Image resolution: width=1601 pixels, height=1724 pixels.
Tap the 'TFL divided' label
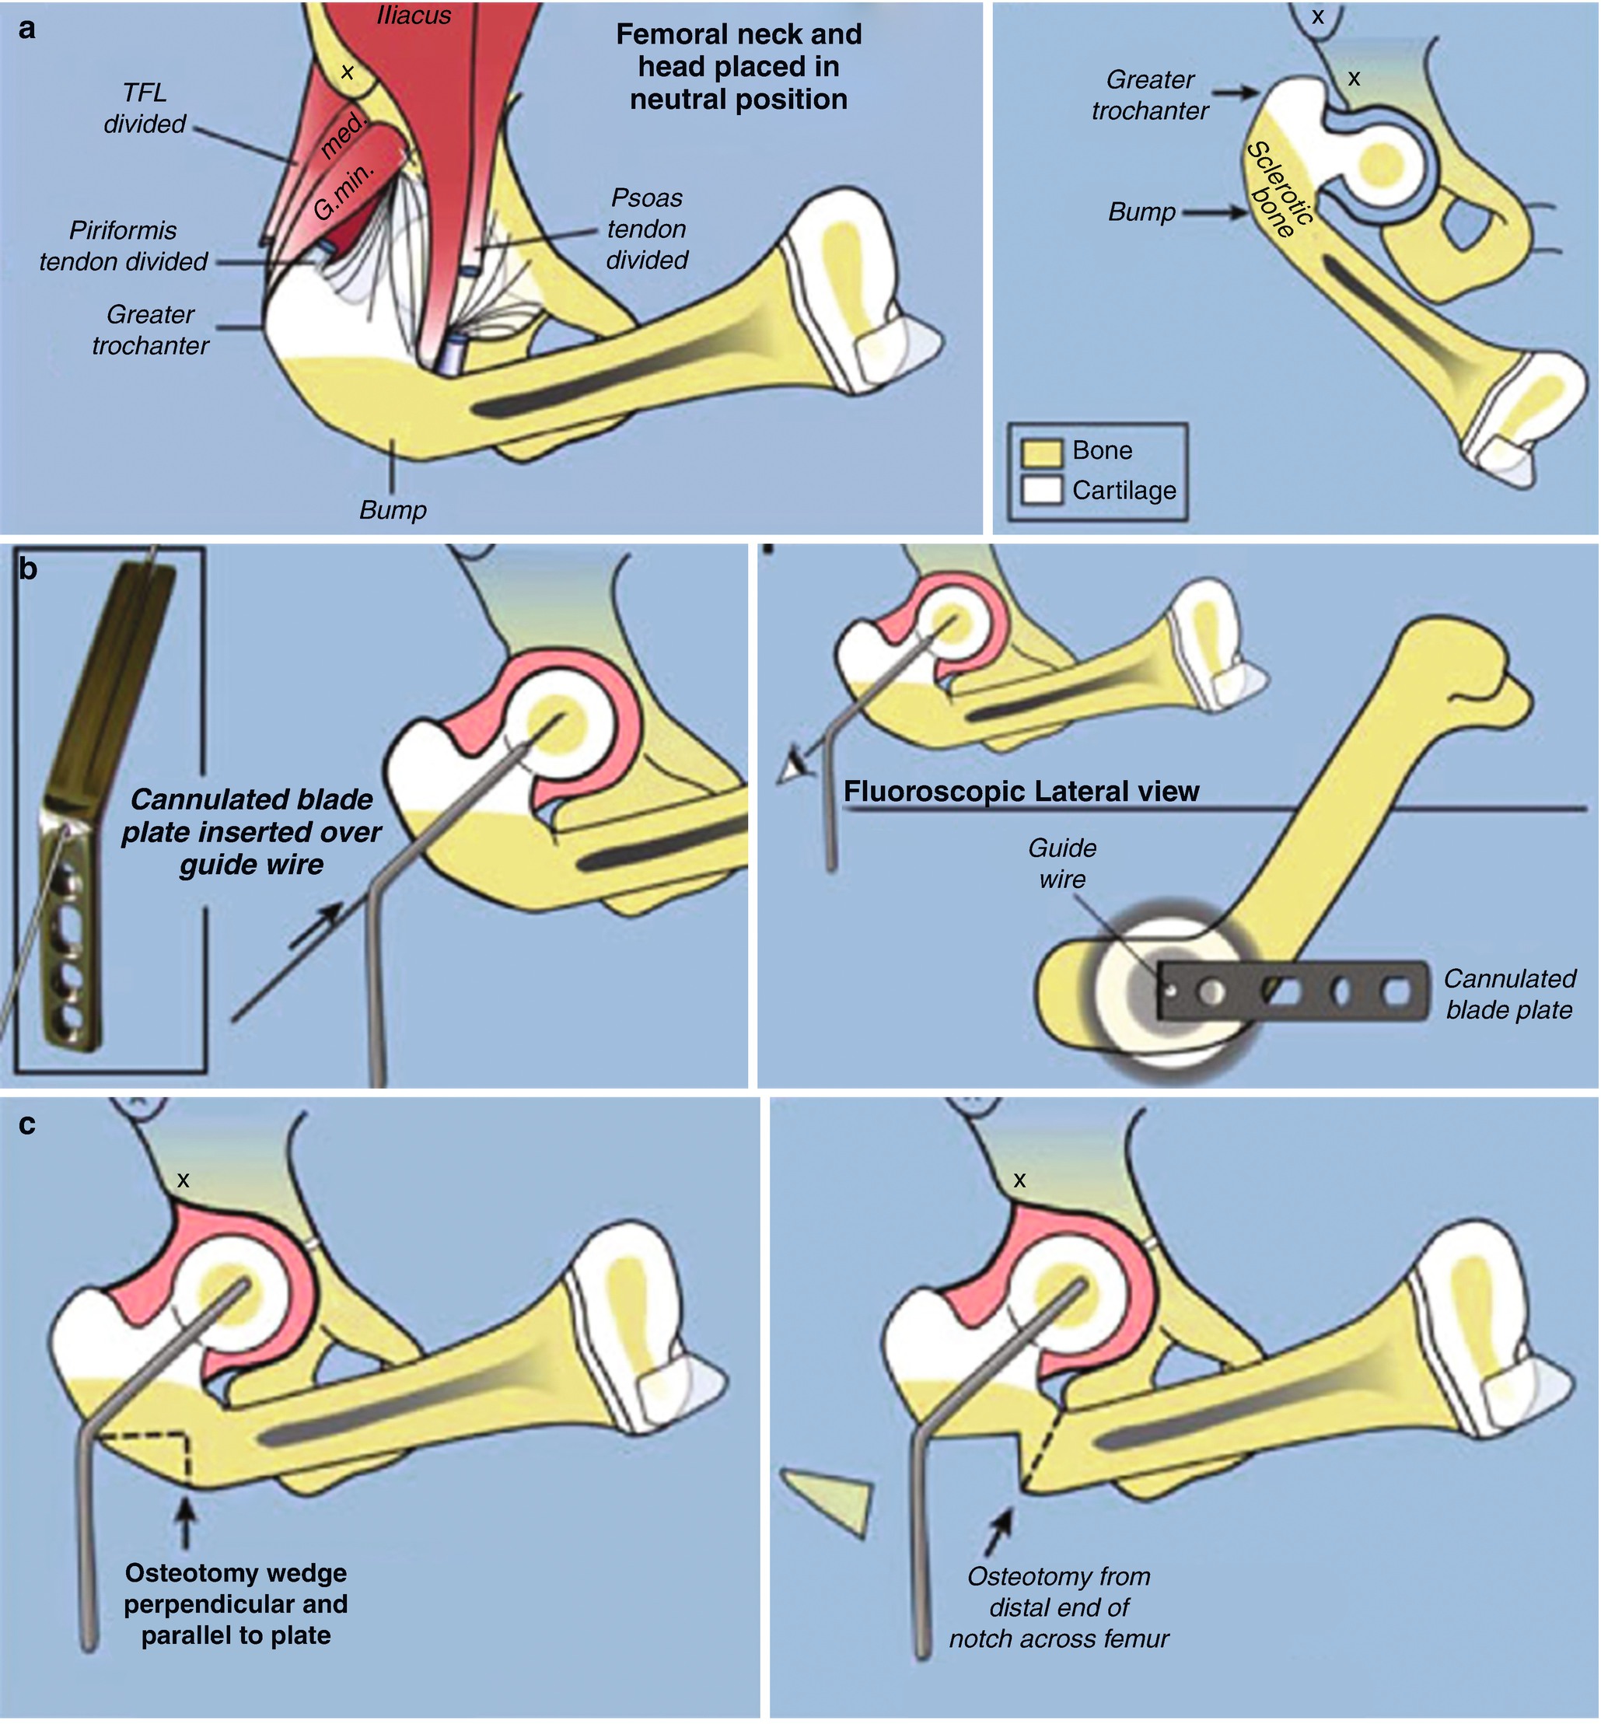click(x=145, y=108)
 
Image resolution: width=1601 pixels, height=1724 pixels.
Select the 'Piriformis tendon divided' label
click(x=123, y=246)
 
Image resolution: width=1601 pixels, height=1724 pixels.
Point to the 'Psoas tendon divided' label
click(x=646, y=229)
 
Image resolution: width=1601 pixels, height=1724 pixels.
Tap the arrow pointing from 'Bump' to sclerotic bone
click(x=1215, y=212)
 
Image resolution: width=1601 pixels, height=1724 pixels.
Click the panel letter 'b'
click(x=28, y=569)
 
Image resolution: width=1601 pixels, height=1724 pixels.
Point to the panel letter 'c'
click(x=28, y=1124)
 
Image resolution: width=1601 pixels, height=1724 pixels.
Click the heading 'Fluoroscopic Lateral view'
click(x=1021, y=791)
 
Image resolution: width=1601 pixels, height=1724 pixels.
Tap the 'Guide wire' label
click(x=1062, y=864)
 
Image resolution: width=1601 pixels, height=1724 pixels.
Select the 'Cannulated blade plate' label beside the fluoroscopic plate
click(x=1509, y=994)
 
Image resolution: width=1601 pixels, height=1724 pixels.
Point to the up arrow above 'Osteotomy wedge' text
click(x=185, y=1521)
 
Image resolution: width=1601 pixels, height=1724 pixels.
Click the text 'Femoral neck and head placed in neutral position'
click(x=738, y=67)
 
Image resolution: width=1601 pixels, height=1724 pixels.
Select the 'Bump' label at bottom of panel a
click(x=393, y=509)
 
